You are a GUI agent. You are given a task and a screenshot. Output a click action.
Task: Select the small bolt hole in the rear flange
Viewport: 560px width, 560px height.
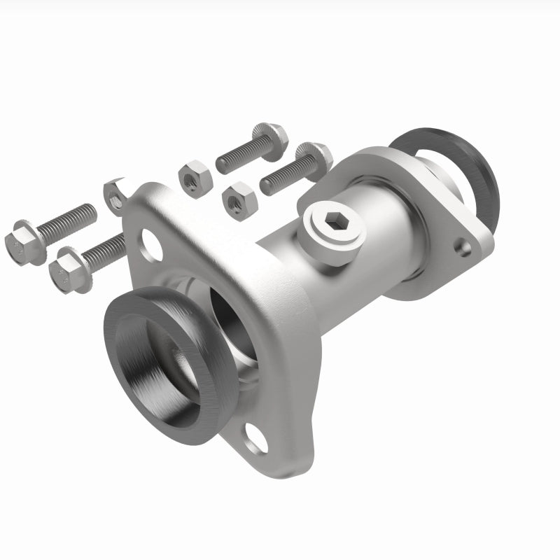pos(462,246)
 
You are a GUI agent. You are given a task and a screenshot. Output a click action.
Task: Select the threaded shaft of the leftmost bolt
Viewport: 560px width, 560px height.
pos(66,220)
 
